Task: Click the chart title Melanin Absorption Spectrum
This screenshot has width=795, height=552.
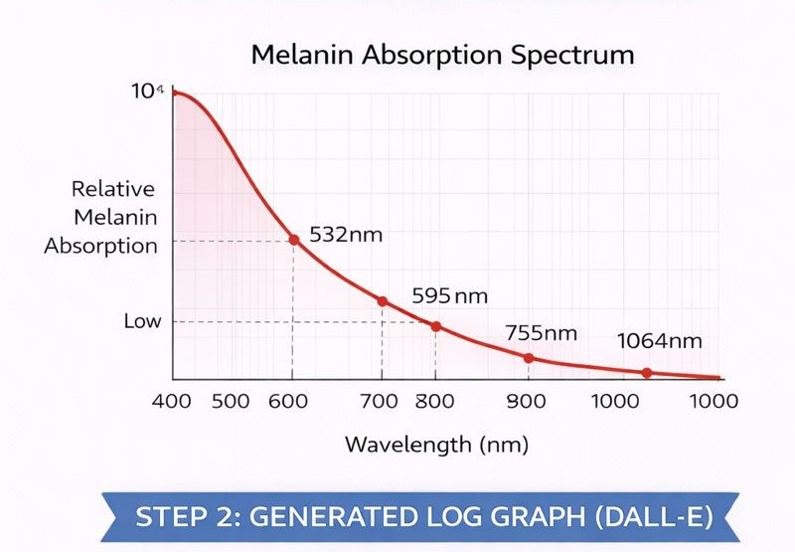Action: (x=442, y=54)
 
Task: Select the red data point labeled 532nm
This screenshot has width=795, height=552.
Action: (x=293, y=239)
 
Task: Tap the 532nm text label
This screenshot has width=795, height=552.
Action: (x=346, y=236)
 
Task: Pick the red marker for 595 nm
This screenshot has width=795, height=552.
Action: (x=435, y=326)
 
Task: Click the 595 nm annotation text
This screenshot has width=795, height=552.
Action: (x=450, y=296)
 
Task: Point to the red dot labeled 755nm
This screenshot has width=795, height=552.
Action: (x=529, y=358)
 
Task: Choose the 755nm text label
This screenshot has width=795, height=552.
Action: (x=541, y=332)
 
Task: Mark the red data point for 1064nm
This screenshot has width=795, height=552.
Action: (x=646, y=373)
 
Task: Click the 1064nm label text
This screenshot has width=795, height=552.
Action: (x=660, y=341)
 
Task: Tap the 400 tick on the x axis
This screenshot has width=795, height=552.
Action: (x=174, y=402)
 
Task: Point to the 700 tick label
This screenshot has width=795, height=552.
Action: (x=380, y=402)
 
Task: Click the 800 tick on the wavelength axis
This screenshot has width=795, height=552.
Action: (x=434, y=402)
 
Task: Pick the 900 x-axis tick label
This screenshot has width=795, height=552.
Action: (x=529, y=402)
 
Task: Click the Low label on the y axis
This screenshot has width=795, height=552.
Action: (x=142, y=321)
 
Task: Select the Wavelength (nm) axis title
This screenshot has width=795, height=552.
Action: (x=437, y=445)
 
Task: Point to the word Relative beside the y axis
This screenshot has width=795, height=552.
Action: (x=113, y=189)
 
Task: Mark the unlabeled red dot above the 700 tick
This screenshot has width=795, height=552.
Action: (x=382, y=300)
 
